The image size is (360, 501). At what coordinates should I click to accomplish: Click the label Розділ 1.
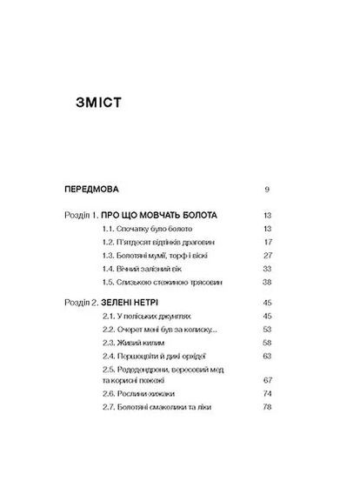tap(82, 213)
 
